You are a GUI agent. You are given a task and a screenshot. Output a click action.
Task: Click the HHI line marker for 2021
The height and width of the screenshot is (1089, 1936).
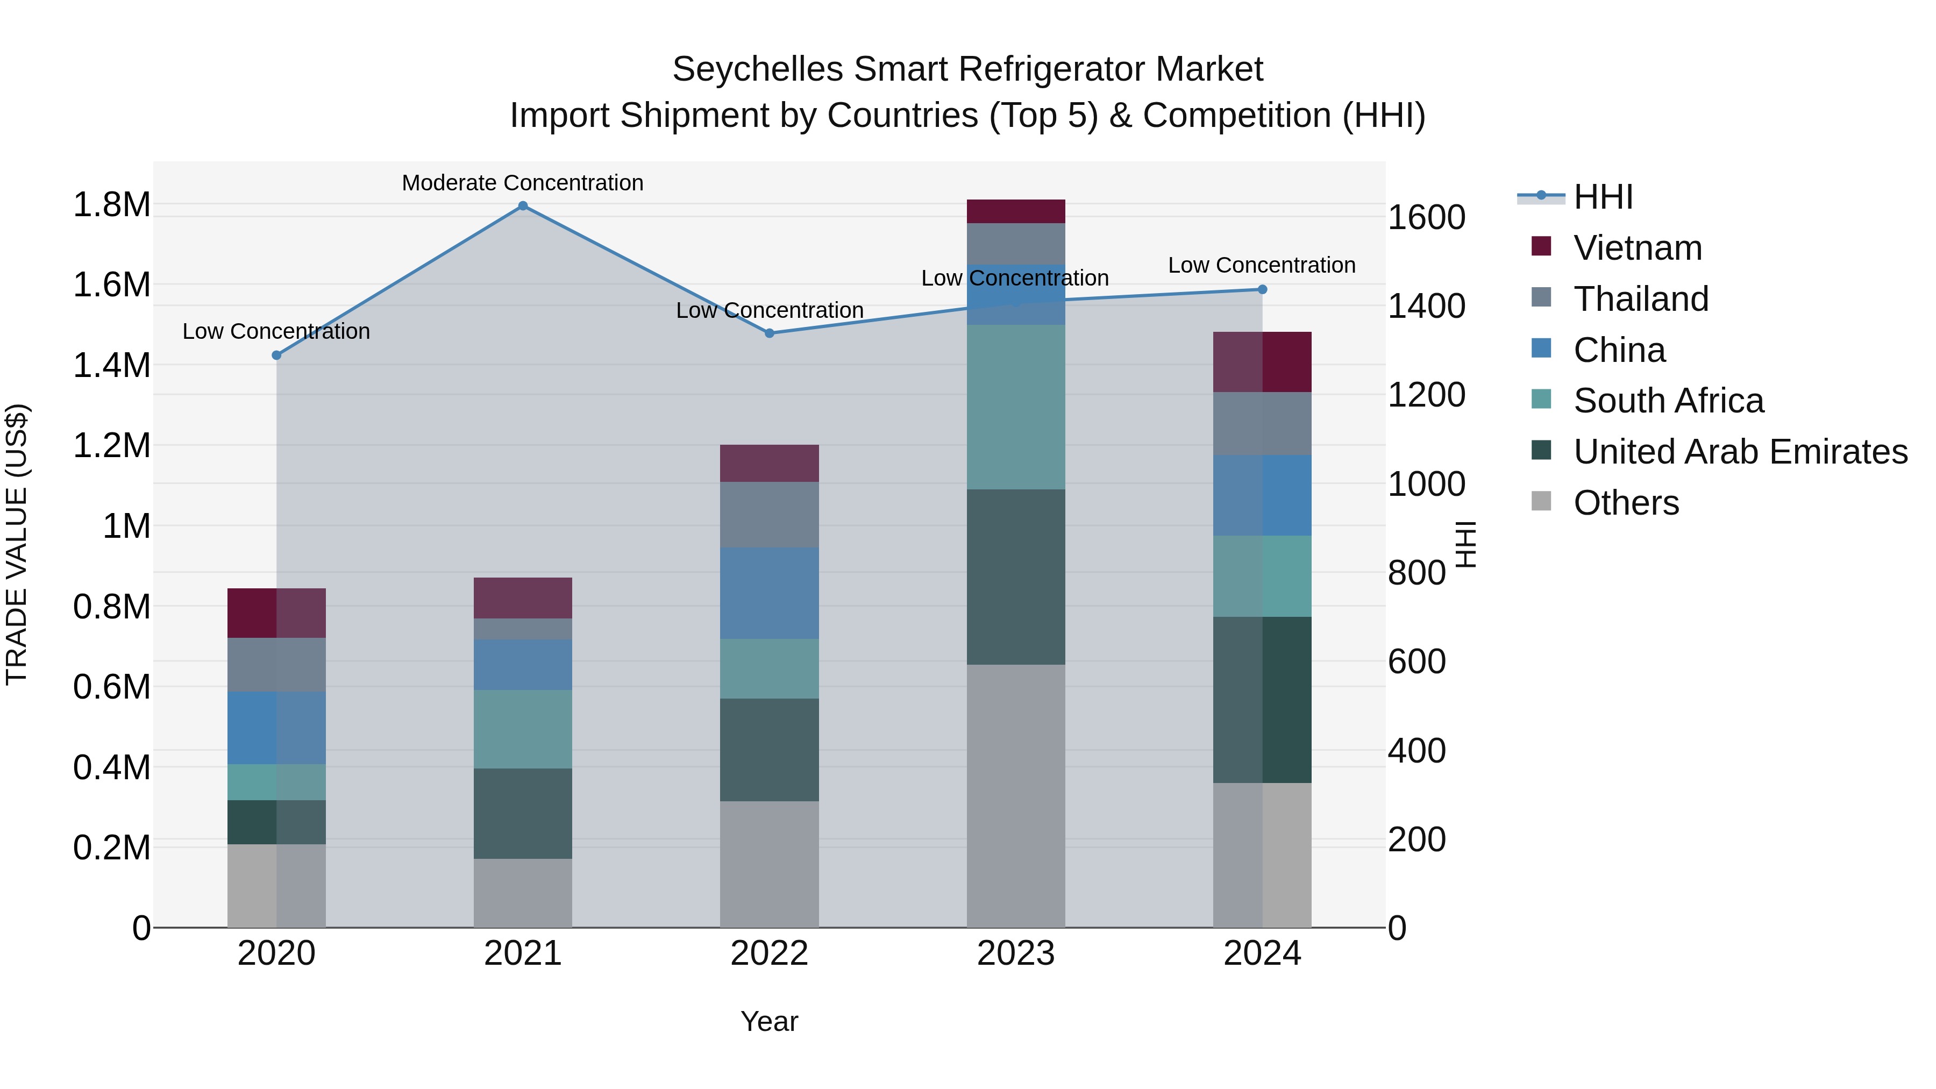click(x=523, y=206)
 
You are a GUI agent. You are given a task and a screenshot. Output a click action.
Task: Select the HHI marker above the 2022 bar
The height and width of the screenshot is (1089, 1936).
click(x=769, y=333)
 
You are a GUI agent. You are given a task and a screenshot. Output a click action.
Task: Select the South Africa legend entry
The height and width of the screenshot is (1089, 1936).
click(x=1668, y=401)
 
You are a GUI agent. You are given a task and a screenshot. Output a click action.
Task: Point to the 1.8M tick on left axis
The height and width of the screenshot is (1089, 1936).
click(x=111, y=204)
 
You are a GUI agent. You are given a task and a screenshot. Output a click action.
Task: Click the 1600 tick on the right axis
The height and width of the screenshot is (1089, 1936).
click(x=1426, y=217)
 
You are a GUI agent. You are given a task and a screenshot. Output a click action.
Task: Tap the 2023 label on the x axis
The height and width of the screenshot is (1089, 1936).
click(x=1015, y=953)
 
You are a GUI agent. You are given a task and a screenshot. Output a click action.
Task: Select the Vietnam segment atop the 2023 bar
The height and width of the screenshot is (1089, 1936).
click(x=1015, y=211)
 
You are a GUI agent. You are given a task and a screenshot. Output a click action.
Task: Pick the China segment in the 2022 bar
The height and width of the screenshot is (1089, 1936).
click(x=769, y=593)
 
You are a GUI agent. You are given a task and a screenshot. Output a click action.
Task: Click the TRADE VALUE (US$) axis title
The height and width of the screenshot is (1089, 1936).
click(x=17, y=544)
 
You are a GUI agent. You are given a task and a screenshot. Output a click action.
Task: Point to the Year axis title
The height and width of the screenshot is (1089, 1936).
click(x=769, y=1021)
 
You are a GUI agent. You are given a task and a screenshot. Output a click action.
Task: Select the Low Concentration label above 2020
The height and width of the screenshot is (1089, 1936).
click(x=276, y=331)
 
